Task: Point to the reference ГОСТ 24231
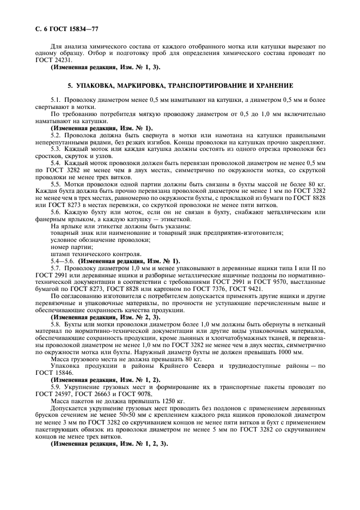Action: (50, 60)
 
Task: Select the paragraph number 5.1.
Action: (56, 101)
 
